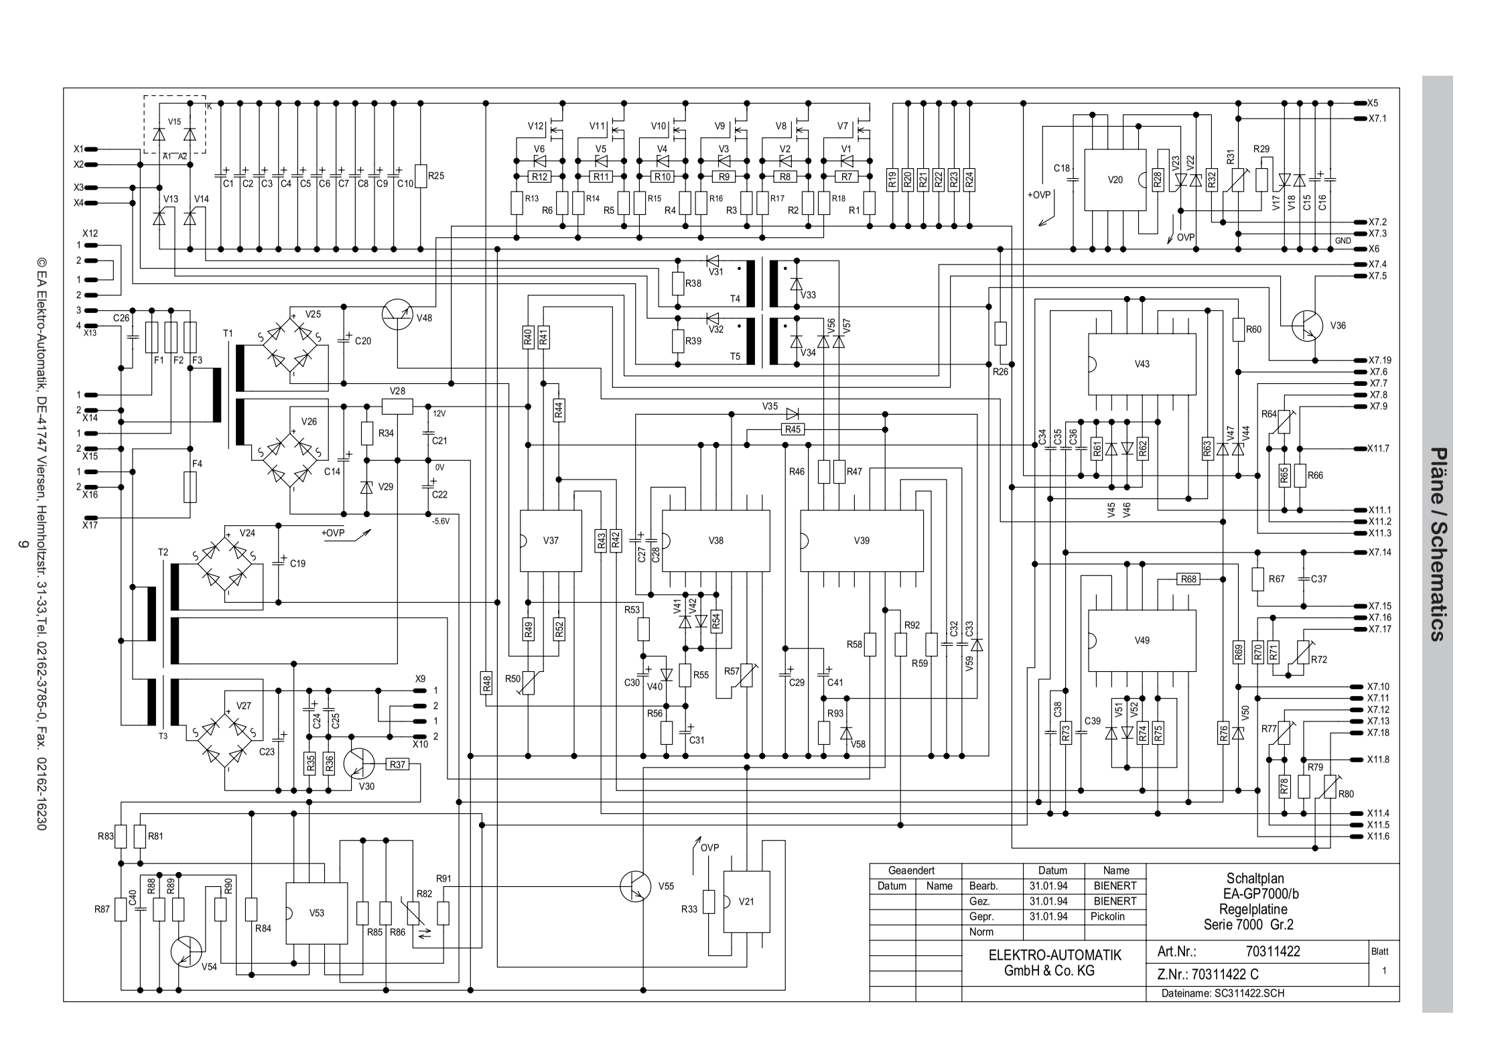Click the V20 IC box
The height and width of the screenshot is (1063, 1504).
click(x=1115, y=180)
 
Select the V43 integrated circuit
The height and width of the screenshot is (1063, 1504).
click(x=1142, y=364)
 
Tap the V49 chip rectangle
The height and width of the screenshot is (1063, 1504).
click(x=1142, y=640)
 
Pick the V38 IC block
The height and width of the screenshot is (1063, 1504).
click(x=715, y=541)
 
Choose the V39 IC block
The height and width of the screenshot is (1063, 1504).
click(x=862, y=541)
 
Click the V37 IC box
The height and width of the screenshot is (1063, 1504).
click(x=551, y=541)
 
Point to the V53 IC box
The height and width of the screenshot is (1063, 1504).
click(x=317, y=913)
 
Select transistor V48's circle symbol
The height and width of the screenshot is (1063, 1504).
click(x=397, y=313)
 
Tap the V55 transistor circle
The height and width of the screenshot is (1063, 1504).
click(x=635, y=886)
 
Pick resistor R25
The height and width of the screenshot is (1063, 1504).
click(x=421, y=176)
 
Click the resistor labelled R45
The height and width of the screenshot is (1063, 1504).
click(x=793, y=429)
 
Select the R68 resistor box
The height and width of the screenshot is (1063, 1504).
click(x=1188, y=579)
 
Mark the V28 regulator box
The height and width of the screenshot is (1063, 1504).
click(x=397, y=406)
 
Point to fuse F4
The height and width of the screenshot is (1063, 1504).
click(x=190, y=486)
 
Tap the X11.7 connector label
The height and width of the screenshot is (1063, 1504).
click(x=1379, y=449)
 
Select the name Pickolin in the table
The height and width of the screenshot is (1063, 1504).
click(x=1107, y=916)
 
